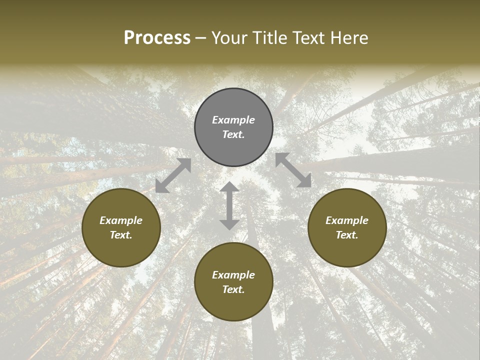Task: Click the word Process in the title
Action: click(157, 38)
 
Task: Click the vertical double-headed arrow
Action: click(229, 206)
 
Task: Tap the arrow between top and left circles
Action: click(173, 175)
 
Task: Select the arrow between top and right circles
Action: click(293, 170)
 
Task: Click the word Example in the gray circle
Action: click(233, 120)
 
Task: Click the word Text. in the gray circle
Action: click(233, 134)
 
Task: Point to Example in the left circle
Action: click(121, 220)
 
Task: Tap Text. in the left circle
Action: click(121, 235)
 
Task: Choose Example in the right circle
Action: click(347, 220)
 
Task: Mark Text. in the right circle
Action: click(347, 235)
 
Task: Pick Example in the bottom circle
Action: click(233, 275)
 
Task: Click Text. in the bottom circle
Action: click(233, 289)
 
